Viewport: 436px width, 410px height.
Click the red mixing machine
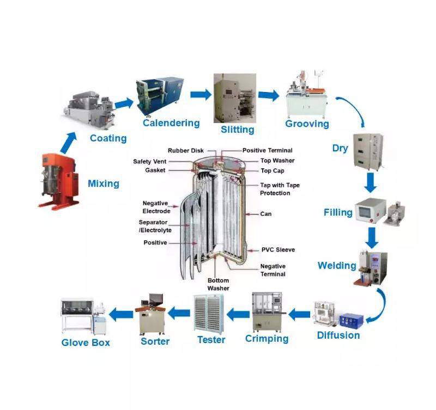click(x=58, y=181)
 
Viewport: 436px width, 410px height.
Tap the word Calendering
click(x=171, y=123)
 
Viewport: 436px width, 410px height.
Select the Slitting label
click(x=238, y=130)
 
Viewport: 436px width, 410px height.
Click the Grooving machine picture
click(x=307, y=94)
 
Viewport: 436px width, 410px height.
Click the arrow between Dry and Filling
click(x=371, y=182)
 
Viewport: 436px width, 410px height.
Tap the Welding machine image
click(x=371, y=268)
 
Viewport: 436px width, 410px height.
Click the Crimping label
click(x=267, y=339)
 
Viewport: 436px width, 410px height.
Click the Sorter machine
click(x=151, y=314)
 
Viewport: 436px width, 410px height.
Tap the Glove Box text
click(x=86, y=342)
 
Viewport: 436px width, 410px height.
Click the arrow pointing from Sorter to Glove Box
click(x=120, y=315)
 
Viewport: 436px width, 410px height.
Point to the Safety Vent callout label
click(x=149, y=161)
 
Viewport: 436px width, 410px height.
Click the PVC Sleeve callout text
click(x=278, y=250)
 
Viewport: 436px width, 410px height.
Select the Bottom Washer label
click(x=219, y=284)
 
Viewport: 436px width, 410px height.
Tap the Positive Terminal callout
click(x=268, y=151)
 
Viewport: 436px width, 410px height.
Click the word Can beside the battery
click(x=266, y=214)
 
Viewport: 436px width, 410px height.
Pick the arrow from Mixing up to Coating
click(x=69, y=143)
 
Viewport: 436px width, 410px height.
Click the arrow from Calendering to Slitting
click(x=201, y=94)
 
